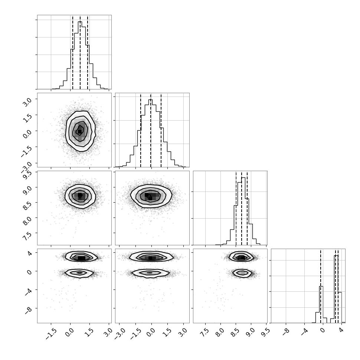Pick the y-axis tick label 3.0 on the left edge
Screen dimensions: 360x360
[27, 102]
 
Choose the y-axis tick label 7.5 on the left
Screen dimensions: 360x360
[27, 236]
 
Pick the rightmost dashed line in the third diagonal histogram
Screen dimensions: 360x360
[247, 208]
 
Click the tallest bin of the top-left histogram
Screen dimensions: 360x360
[80, 55]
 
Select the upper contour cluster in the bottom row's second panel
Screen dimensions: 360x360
[151, 257]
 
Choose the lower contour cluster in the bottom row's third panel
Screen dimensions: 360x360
[242, 273]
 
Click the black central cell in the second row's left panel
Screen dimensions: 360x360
[80, 131]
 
